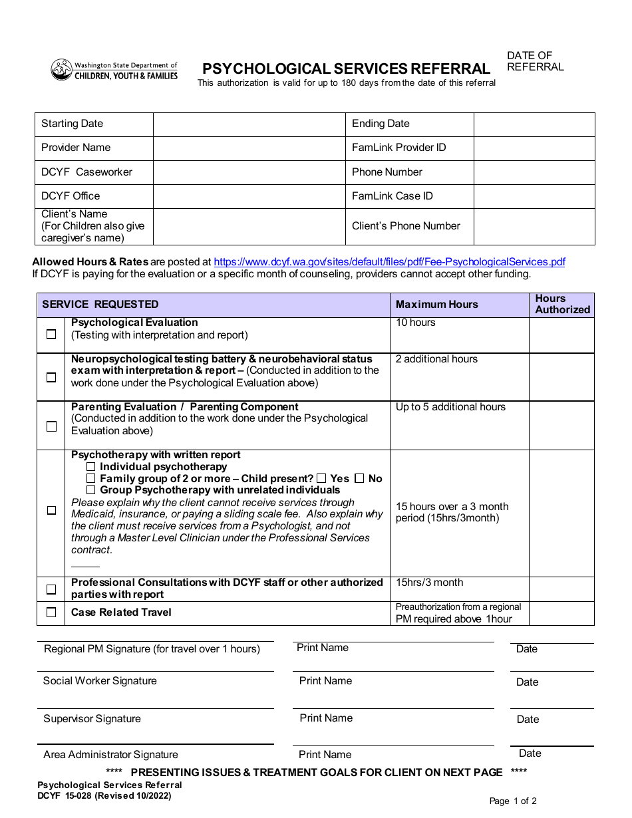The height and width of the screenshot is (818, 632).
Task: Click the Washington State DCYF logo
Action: point(114,70)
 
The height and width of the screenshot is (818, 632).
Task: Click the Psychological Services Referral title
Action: point(346,69)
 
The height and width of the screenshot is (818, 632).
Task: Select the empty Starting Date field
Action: point(249,124)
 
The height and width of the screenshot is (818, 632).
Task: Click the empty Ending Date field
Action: point(534,124)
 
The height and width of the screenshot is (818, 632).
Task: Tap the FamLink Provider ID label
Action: point(398,148)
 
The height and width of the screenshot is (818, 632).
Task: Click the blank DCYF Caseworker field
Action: point(249,172)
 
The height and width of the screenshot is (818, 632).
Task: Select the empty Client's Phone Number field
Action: point(534,226)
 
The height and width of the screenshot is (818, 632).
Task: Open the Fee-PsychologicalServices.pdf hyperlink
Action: point(389,262)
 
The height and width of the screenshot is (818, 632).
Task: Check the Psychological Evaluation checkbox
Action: point(51,335)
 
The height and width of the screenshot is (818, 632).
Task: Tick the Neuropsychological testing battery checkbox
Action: point(51,377)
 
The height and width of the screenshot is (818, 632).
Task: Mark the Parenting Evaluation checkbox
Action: point(51,426)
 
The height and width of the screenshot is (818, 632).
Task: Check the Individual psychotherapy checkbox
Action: point(91,467)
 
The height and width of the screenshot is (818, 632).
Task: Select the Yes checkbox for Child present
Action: point(321,478)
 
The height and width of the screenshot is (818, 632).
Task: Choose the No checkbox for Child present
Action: point(359,478)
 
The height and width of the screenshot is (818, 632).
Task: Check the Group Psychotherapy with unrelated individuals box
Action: point(91,490)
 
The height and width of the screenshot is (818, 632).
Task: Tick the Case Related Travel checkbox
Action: point(51,613)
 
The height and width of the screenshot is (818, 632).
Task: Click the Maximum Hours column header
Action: point(436,305)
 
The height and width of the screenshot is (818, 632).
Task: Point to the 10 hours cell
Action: point(416,323)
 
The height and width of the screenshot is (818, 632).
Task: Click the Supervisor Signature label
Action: point(92,719)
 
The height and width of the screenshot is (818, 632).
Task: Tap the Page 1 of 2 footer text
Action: point(512,801)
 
